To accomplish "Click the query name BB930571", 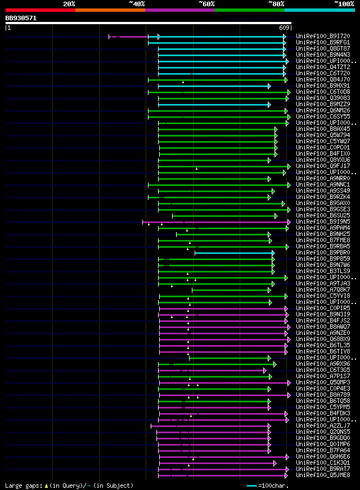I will point(21,18).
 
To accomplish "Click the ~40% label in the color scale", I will point(137,3).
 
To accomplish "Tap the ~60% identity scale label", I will point(206,3).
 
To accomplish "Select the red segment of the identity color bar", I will point(40,10).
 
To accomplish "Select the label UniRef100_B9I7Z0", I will point(322,37).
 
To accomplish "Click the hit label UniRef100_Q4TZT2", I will point(322,67).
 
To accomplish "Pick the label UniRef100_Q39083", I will point(322,98).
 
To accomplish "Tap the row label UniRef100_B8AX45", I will point(322,129).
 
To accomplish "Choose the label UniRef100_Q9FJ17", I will point(322,166).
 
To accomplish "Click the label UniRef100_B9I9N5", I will point(322,222).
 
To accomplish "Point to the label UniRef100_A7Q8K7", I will point(322,290).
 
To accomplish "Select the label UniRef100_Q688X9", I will point(322,339).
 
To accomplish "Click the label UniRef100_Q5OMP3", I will point(322,383).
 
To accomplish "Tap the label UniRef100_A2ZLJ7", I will point(322,426).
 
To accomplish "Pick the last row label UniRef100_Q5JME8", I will point(322,475).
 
